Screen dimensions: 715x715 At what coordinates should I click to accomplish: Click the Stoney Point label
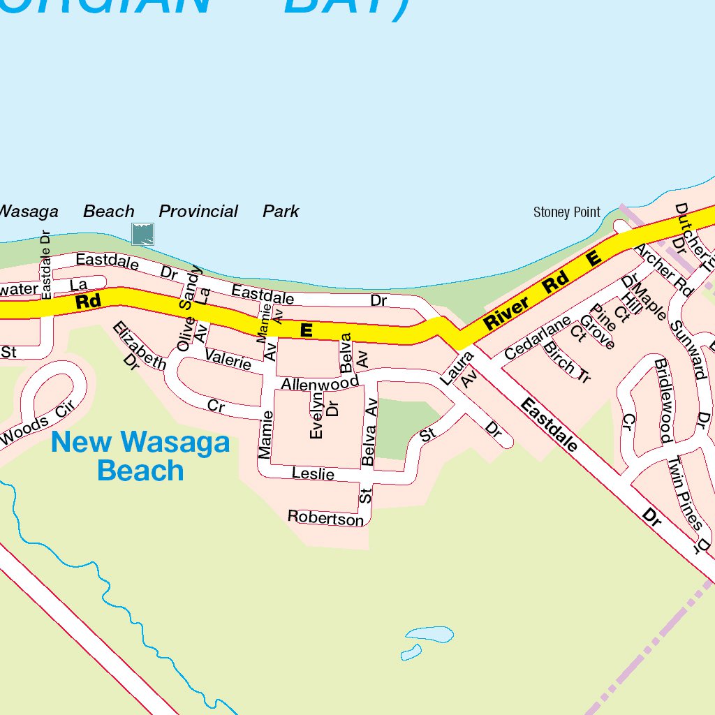(x=566, y=212)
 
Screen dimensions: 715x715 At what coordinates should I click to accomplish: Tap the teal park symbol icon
(x=142, y=233)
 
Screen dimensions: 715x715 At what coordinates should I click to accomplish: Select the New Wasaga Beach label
(x=140, y=456)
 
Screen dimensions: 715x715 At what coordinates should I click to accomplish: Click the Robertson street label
(x=326, y=517)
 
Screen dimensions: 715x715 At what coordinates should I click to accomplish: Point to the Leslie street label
(x=313, y=473)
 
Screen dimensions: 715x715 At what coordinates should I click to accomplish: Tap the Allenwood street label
(x=319, y=383)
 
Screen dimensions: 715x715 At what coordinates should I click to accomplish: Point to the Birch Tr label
(x=567, y=361)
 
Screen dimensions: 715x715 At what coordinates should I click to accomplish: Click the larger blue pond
(x=430, y=634)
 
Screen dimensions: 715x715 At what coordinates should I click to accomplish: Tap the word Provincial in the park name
(x=198, y=211)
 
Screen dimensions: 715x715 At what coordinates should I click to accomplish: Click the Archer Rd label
(x=662, y=270)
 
